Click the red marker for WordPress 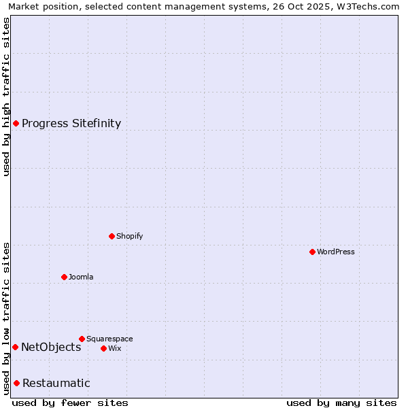tap(312, 252)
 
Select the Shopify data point tap(112, 236)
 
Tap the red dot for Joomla tap(64, 277)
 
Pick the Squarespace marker tap(82, 339)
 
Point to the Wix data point tap(103, 348)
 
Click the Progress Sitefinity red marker tap(16, 123)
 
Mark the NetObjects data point tap(15, 347)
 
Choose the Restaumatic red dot tap(16, 383)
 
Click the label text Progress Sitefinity tap(71, 123)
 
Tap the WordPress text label tap(336, 252)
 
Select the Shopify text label tap(129, 236)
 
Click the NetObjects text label tap(51, 347)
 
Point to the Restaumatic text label tap(56, 383)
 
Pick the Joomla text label tap(81, 277)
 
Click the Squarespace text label tap(109, 339)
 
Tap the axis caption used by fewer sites tap(70, 403)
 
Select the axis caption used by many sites tap(341, 403)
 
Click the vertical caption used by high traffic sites tap(6, 97)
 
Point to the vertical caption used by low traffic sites tap(6, 318)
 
